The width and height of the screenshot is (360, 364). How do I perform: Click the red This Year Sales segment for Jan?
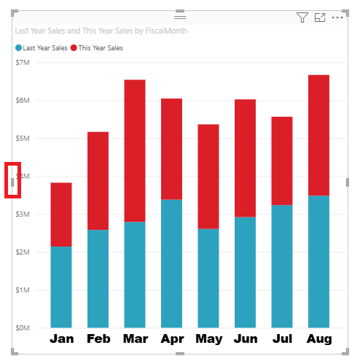(61, 214)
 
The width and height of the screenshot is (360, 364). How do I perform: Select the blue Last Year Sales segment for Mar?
(135, 274)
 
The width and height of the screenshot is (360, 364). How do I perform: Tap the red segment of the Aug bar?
(318, 135)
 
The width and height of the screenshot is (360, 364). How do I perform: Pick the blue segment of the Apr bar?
(171, 263)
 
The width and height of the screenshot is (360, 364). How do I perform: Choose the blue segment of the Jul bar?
(282, 266)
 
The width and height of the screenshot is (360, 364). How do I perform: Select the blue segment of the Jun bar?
(245, 272)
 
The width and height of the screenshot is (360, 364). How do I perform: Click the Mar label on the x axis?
(135, 339)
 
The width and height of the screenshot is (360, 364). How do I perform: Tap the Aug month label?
(318, 339)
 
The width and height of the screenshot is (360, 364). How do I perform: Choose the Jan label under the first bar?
(61, 339)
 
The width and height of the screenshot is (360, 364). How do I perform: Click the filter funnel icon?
(302, 18)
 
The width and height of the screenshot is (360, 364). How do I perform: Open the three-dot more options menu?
(337, 18)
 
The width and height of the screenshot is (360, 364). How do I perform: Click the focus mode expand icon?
(320, 18)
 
